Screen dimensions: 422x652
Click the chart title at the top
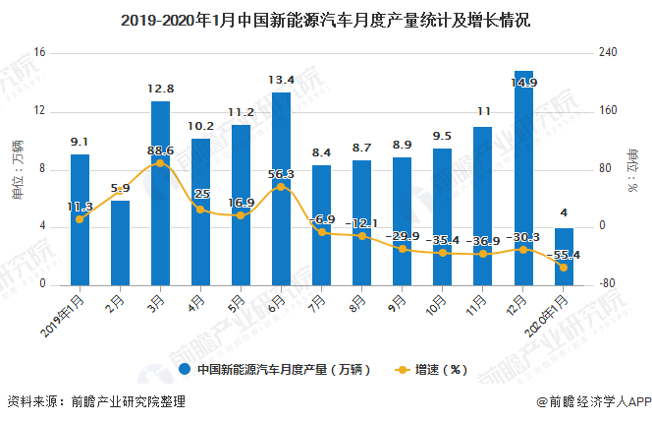(x=325, y=19)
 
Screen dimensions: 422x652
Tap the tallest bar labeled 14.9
(x=523, y=177)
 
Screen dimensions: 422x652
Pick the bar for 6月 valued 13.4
(x=281, y=188)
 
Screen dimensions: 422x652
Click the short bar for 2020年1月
(x=564, y=256)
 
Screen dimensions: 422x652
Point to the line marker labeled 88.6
(x=160, y=163)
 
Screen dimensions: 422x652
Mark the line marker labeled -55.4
(x=564, y=268)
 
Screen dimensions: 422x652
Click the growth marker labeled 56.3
(x=281, y=187)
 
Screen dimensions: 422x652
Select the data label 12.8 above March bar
(x=160, y=89)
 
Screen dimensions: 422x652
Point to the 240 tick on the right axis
(x=608, y=52)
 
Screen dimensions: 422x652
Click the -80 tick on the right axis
(x=608, y=284)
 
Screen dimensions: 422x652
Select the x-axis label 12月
(x=521, y=301)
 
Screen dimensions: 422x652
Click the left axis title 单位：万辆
(x=17, y=168)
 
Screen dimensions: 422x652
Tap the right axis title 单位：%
(x=633, y=168)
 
